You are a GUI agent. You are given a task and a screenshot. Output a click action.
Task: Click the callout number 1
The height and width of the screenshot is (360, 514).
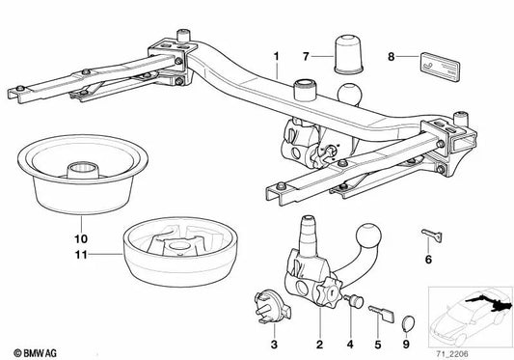[277, 57]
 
